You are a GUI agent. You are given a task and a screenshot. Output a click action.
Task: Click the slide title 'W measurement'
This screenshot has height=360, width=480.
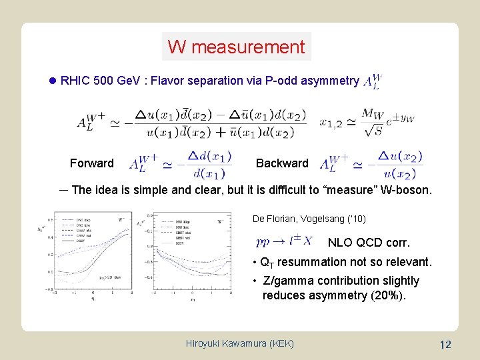click(236, 47)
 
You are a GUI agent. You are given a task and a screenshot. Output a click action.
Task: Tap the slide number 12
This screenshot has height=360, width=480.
click(445, 345)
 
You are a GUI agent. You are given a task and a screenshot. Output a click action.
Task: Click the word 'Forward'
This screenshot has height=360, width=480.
click(91, 163)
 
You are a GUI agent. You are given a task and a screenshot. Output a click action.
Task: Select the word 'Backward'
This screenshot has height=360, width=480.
click(282, 163)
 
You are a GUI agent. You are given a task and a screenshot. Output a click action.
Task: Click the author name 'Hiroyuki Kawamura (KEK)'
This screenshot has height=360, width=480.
click(239, 344)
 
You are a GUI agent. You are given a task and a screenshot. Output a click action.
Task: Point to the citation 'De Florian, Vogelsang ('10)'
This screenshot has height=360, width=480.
click(309, 219)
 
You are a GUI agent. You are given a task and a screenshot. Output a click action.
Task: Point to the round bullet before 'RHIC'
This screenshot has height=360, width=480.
click(53, 81)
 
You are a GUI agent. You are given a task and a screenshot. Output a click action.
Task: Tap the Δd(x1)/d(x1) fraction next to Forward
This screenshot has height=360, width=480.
click(209, 163)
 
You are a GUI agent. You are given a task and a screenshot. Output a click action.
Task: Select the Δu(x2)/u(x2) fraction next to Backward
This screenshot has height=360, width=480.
click(399, 163)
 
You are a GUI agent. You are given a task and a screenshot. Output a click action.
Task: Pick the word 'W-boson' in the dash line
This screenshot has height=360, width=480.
click(407, 190)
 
